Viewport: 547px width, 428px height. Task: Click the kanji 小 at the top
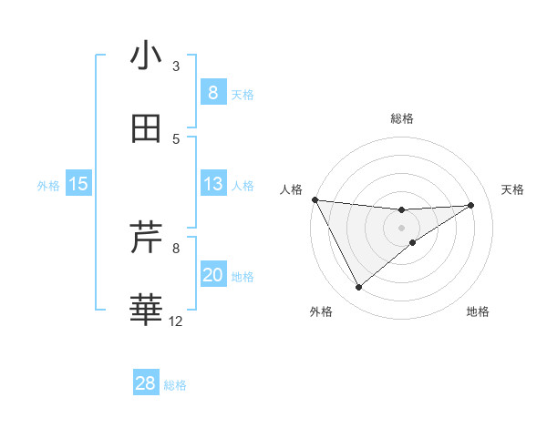pyautogui.click(x=146, y=56)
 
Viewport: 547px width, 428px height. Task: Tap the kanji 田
pyautogui.click(x=146, y=129)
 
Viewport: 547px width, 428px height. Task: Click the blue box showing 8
pyautogui.click(x=212, y=92)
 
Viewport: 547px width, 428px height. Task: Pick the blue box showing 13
pyautogui.click(x=212, y=184)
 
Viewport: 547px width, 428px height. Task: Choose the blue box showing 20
pyautogui.click(x=212, y=275)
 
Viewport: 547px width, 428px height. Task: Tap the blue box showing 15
pyautogui.click(x=78, y=184)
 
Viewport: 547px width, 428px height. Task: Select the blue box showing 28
pyautogui.click(x=146, y=383)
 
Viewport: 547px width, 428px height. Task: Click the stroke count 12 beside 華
pyautogui.click(x=176, y=321)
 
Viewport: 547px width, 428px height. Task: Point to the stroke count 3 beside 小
pyautogui.click(x=176, y=66)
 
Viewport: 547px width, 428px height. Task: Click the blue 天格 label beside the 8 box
pyautogui.click(x=243, y=94)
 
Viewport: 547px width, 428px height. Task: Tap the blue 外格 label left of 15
pyautogui.click(x=48, y=185)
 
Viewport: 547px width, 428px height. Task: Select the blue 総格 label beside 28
pyautogui.click(x=175, y=384)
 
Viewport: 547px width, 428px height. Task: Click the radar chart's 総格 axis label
pyautogui.click(x=402, y=118)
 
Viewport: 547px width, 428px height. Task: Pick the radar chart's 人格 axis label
pyautogui.click(x=291, y=189)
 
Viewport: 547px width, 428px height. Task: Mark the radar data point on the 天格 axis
pyautogui.click(x=471, y=205)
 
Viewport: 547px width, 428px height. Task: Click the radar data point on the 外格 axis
pyautogui.click(x=358, y=288)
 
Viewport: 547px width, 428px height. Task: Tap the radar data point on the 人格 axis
pyautogui.click(x=315, y=199)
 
